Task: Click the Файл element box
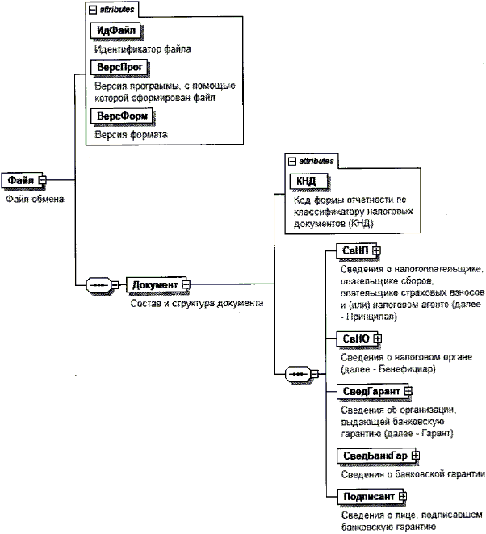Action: point(21,179)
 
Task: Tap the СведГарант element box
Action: point(367,391)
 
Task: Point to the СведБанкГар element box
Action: point(371,456)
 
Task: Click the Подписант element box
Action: point(363,495)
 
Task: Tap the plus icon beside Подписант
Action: point(401,495)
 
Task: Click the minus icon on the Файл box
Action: point(44,179)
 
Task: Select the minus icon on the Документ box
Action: point(185,285)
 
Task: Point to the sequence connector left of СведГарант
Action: point(300,375)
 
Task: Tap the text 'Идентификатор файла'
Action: point(142,48)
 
